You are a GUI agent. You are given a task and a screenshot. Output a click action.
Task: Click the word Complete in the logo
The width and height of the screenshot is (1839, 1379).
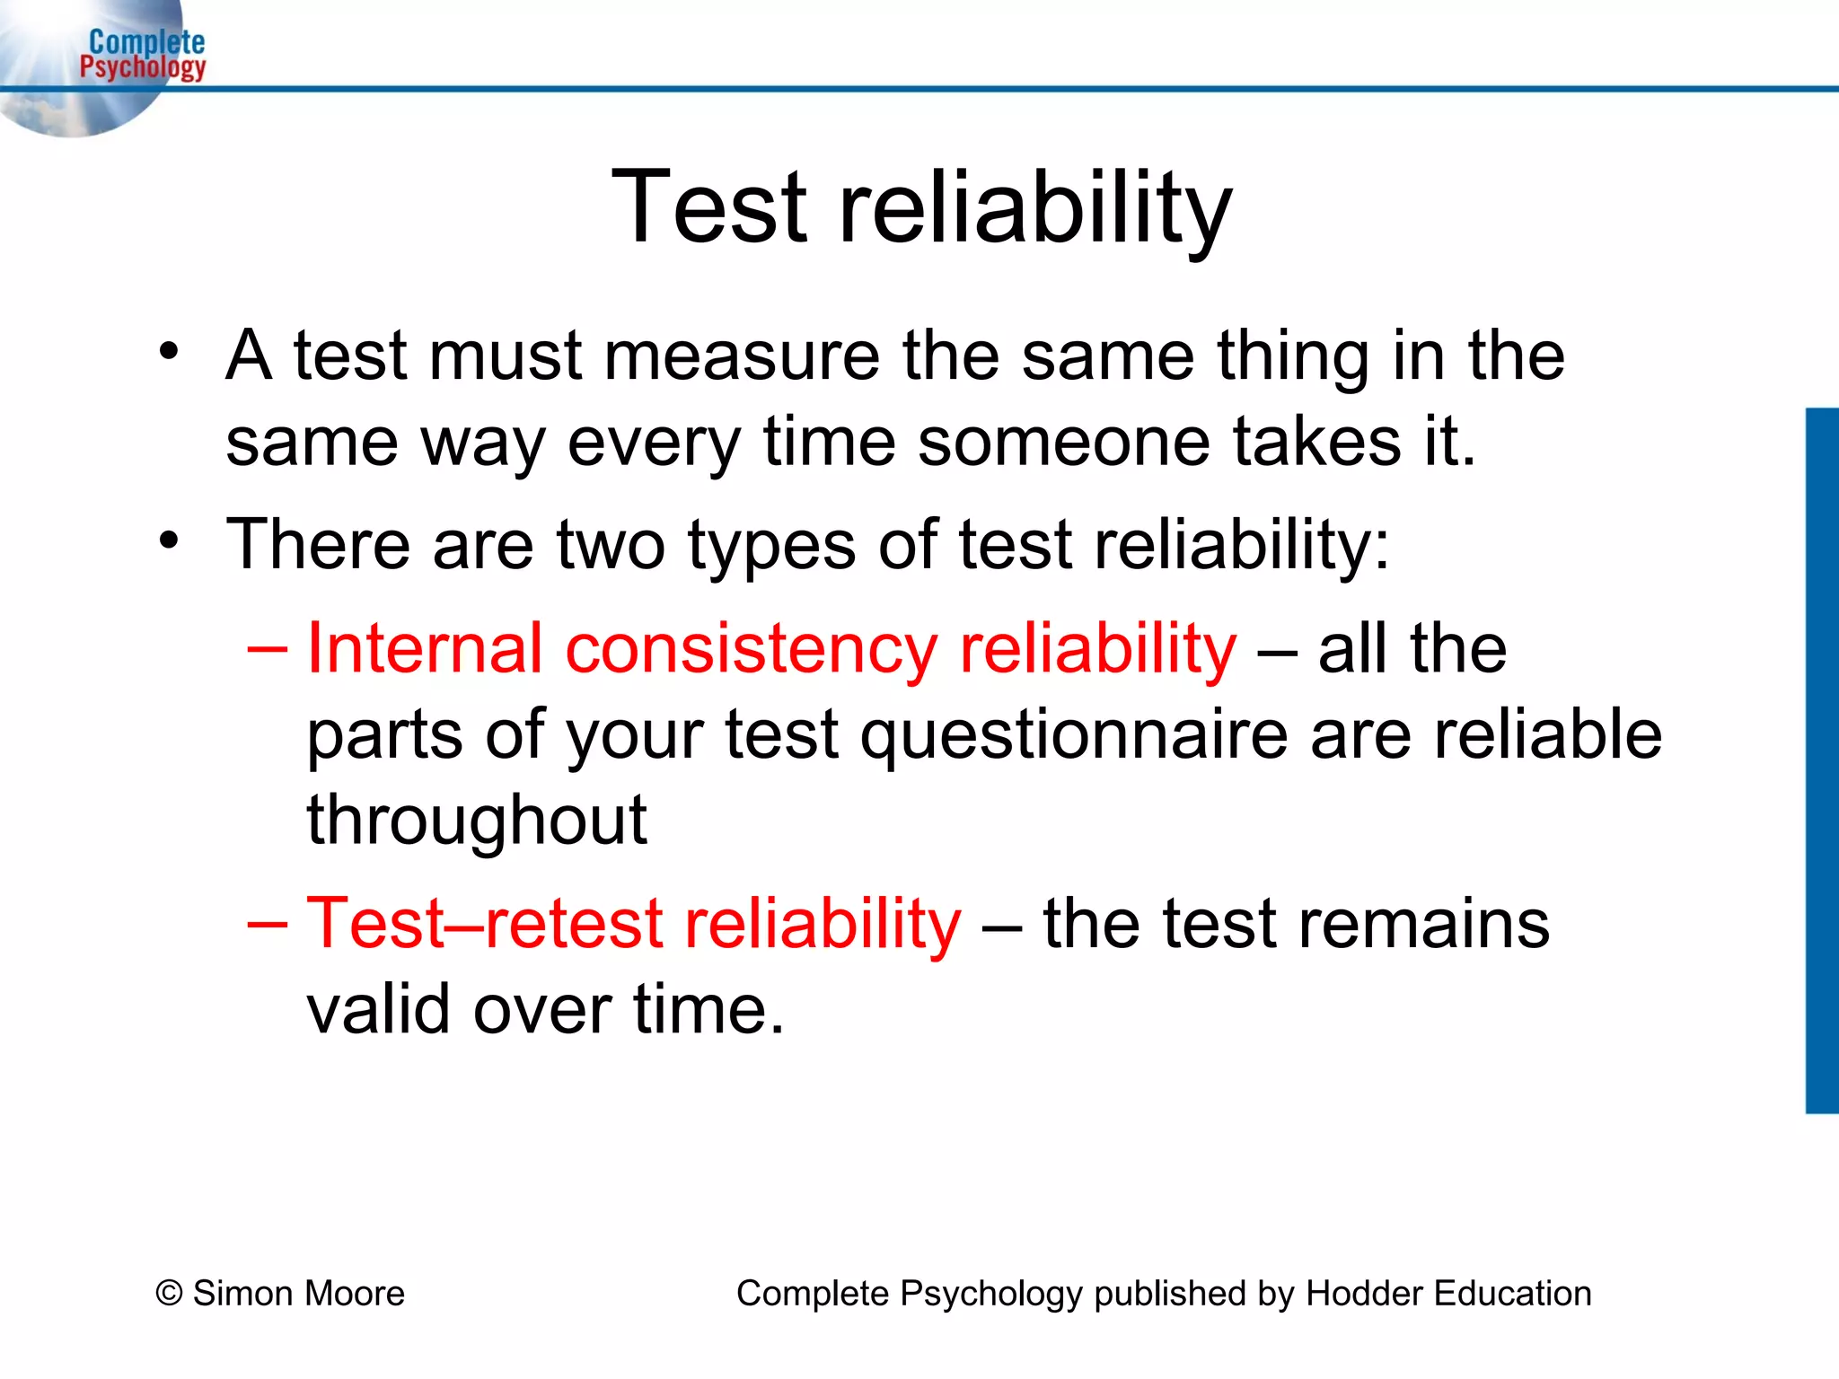[147, 41]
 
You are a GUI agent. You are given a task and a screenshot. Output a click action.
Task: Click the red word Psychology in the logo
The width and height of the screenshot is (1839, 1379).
[143, 66]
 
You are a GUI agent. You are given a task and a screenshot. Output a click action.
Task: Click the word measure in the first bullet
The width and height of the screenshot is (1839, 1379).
[742, 356]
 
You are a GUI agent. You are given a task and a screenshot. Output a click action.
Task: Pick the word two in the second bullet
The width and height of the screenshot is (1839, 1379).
[611, 544]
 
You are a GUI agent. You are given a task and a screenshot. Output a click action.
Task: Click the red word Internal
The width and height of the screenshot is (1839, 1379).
[425, 647]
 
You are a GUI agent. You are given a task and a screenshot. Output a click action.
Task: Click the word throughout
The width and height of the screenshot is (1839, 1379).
[477, 821]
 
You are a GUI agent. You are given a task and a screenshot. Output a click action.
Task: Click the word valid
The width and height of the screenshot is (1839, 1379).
[379, 1009]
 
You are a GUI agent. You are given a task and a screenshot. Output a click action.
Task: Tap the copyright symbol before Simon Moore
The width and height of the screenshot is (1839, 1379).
[169, 1294]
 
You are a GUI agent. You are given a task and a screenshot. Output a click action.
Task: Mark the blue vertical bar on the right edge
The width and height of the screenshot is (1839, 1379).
[1822, 760]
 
